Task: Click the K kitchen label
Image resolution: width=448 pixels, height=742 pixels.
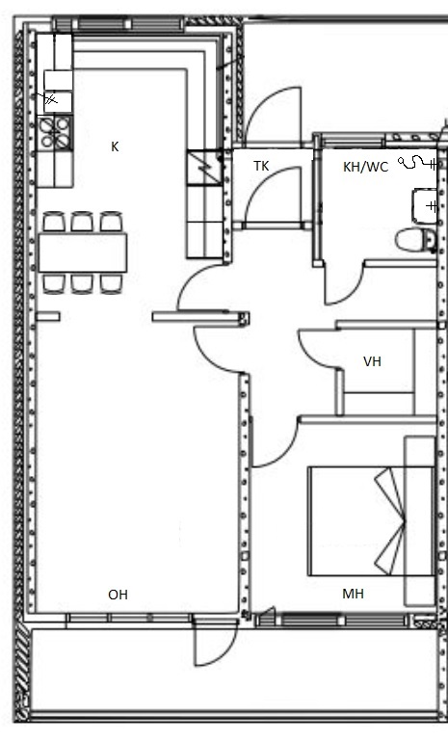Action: tap(115, 146)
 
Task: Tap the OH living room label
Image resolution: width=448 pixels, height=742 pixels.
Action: tap(118, 595)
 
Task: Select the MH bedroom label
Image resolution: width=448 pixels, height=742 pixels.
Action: tap(353, 594)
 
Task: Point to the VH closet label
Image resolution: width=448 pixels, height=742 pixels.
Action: tap(372, 361)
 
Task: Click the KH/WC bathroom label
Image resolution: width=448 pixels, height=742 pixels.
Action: tap(366, 167)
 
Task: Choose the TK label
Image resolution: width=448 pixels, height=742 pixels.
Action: tap(261, 166)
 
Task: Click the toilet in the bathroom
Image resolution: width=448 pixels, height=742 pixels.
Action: tap(416, 240)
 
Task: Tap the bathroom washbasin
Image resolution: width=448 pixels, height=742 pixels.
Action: tap(424, 206)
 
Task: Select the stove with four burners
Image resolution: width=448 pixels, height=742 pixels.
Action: tap(55, 133)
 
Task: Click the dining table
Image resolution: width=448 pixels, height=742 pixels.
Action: tap(83, 252)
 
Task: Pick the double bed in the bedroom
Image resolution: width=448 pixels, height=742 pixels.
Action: tap(371, 521)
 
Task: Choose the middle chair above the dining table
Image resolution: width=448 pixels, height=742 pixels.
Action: tap(82, 222)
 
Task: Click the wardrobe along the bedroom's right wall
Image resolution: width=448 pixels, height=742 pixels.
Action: tap(419, 520)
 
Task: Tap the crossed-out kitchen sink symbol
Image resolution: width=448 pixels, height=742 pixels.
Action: tap(50, 99)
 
